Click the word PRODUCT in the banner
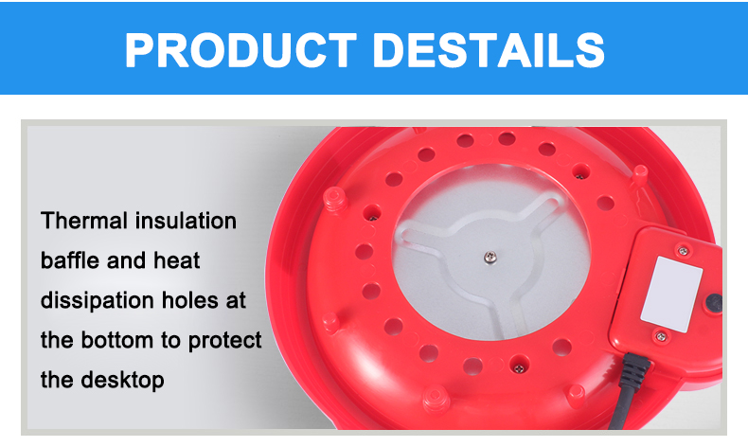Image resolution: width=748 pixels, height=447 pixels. (240, 50)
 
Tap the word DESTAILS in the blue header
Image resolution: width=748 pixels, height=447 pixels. (489, 50)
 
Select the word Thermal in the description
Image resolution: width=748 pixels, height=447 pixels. (84, 221)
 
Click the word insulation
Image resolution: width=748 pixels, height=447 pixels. (186, 221)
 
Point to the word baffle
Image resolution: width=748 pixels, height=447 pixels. (70, 260)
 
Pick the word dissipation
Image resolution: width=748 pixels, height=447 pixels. (98, 301)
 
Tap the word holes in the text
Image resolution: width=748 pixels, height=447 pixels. (190, 300)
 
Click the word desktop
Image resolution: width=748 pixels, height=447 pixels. (122, 381)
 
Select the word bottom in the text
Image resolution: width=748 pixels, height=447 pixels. (116, 341)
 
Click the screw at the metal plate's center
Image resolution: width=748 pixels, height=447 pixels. (490, 259)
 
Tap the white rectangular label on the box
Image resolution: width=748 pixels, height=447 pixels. (671, 295)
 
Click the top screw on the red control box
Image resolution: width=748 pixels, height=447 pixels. (684, 251)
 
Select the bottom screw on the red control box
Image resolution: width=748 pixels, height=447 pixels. (661, 337)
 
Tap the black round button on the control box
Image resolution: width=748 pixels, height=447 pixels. (714, 303)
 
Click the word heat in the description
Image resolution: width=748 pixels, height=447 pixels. (176, 260)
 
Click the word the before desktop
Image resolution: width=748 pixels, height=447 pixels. (57, 380)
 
